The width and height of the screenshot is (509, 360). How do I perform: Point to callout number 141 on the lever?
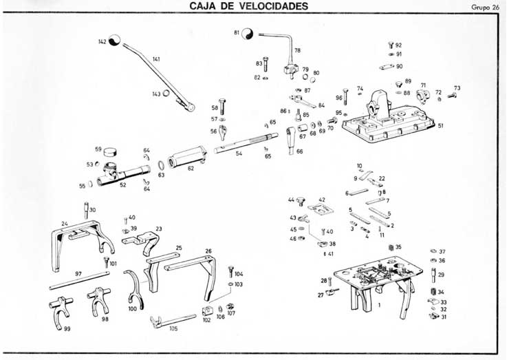[x=156, y=60]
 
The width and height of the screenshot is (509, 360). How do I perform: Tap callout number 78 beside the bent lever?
[x=297, y=50]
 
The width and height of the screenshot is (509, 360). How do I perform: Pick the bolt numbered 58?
[x=221, y=105]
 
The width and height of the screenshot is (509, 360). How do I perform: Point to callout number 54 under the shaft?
[x=238, y=153]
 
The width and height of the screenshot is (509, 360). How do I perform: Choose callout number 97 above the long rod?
[x=78, y=273]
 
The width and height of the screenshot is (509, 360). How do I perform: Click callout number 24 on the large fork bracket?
[x=64, y=223]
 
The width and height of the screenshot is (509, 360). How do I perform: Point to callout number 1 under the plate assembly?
[x=378, y=303]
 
